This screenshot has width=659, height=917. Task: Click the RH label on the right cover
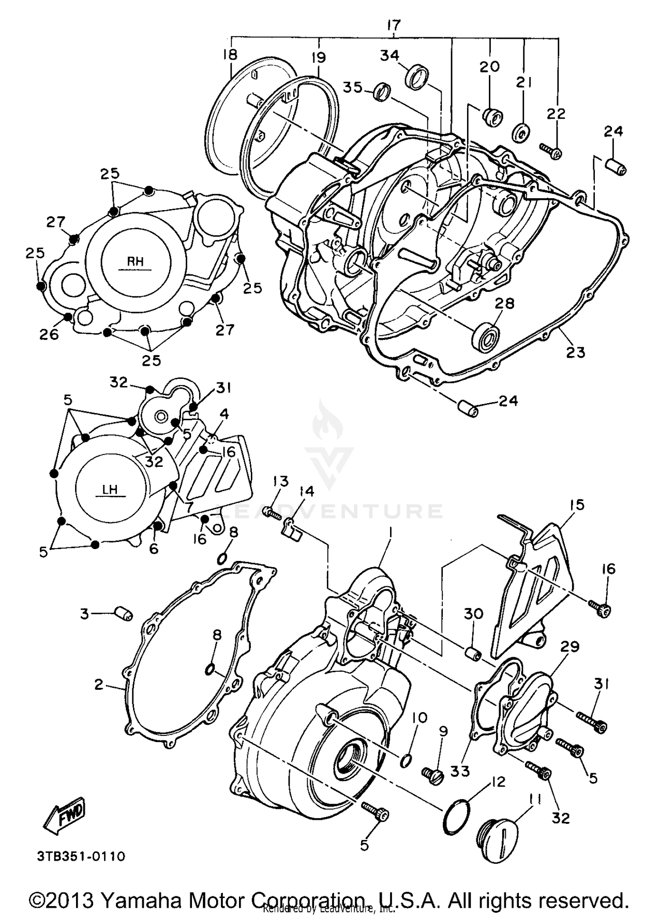(x=135, y=262)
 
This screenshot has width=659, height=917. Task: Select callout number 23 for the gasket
(x=576, y=352)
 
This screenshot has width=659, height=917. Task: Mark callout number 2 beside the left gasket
(x=99, y=684)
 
